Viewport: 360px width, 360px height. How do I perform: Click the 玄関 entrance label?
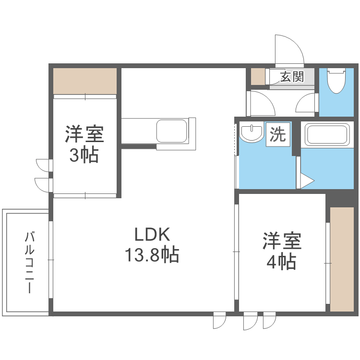coord(292,76)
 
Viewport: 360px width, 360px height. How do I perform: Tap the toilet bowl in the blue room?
coord(336,80)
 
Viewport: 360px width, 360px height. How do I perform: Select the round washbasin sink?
coord(252,133)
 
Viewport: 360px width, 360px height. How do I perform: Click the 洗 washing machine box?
coord(278,134)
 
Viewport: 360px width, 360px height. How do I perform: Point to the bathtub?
coord(327,135)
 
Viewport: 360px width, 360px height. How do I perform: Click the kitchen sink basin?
coord(172,131)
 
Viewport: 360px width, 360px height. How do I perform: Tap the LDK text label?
coord(152,234)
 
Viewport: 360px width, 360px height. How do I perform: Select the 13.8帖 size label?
coord(152,254)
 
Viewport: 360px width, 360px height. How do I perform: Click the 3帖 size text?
coord(84,155)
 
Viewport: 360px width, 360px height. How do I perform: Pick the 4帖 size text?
coord(281,262)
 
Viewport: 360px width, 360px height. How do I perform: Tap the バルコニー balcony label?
coord(30,263)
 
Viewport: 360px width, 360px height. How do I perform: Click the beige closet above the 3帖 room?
coord(85,81)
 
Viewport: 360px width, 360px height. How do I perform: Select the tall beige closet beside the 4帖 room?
coord(342,259)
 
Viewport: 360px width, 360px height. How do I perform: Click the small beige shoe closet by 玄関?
coord(258,76)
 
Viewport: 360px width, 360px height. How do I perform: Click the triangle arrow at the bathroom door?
coord(307,181)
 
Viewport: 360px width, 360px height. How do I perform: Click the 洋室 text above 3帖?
coord(84,134)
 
